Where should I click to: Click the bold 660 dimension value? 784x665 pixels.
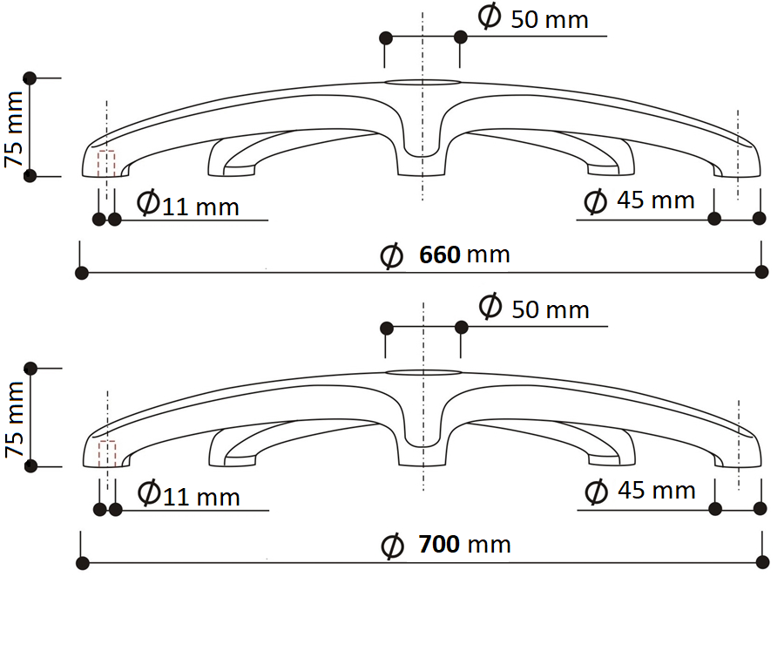pyautogui.click(x=440, y=254)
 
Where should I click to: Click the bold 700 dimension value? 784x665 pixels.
pyautogui.click(x=440, y=545)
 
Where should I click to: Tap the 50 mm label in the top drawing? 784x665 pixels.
pyautogui.click(x=550, y=20)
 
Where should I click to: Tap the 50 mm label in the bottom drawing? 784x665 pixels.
pyautogui.click(x=551, y=309)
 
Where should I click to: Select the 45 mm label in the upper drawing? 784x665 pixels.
pyautogui.click(x=655, y=200)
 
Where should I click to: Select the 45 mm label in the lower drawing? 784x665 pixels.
pyautogui.click(x=657, y=491)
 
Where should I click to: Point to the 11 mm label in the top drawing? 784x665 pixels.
pyautogui.click(x=200, y=207)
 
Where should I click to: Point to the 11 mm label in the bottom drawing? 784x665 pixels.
pyautogui.click(x=201, y=497)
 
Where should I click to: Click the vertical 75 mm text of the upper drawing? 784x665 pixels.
pyautogui.click(x=14, y=129)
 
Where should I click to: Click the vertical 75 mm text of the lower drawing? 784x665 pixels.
pyautogui.click(x=15, y=419)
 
